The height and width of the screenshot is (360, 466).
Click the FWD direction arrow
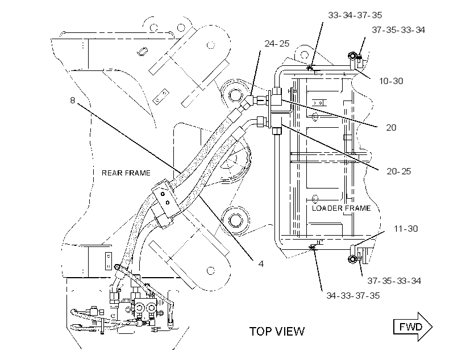(413, 326)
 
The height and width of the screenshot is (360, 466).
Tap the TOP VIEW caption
(277, 332)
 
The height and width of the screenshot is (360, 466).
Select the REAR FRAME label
(126, 173)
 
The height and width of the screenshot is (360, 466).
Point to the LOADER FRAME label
(341, 208)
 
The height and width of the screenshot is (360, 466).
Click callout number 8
(73, 101)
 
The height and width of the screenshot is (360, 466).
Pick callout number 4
(261, 264)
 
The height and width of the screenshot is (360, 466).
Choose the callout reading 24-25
(277, 44)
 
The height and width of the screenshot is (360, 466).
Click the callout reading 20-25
(399, 171)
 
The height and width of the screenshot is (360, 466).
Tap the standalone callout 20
(391, 128)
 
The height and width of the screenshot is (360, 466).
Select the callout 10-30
(391, 81)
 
